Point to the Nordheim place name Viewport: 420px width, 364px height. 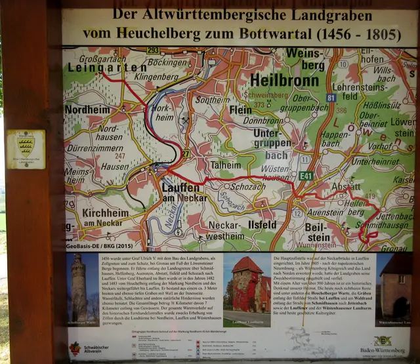[x=87, y=110]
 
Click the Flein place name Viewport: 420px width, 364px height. [x=241, y=110]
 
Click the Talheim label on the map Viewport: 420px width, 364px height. [x=225, y=166]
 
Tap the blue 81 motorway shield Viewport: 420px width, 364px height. [x=331, y=98]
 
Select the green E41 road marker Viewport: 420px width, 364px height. [x=306, y=176]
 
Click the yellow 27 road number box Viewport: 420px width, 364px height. [x=185, y=154]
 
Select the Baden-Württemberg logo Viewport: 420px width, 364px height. [x=381, y=345]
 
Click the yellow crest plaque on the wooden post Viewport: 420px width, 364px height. [x=26, y=149]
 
